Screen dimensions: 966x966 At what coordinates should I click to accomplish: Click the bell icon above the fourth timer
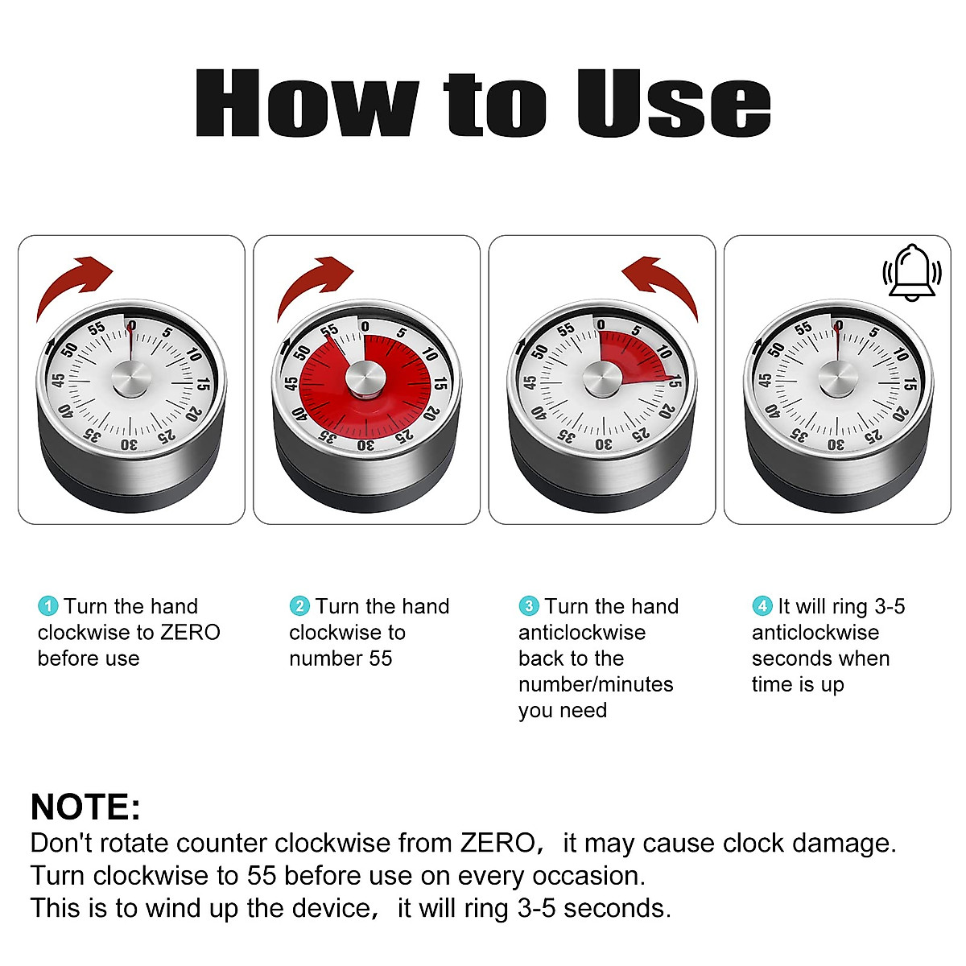tap(911, 272)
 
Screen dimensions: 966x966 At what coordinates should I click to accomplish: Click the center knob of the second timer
tap(365, 378)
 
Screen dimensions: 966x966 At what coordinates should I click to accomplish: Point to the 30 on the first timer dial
tap(128, 444)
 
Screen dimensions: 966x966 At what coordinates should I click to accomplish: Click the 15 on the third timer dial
tap(676, 382)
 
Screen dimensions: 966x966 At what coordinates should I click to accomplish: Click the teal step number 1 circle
tap(48, 606)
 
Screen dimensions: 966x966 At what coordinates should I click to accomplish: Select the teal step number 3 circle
tap(529, 606)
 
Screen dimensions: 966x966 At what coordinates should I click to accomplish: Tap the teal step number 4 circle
tap(762, 606)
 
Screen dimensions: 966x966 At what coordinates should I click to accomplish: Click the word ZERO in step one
tap(190, 633)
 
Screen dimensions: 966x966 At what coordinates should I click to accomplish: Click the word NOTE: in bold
tap(85, 807)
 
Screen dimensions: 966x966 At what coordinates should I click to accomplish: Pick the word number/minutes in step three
tap(596, 684)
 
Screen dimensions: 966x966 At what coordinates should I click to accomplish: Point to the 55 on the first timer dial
tap(97, 328)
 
